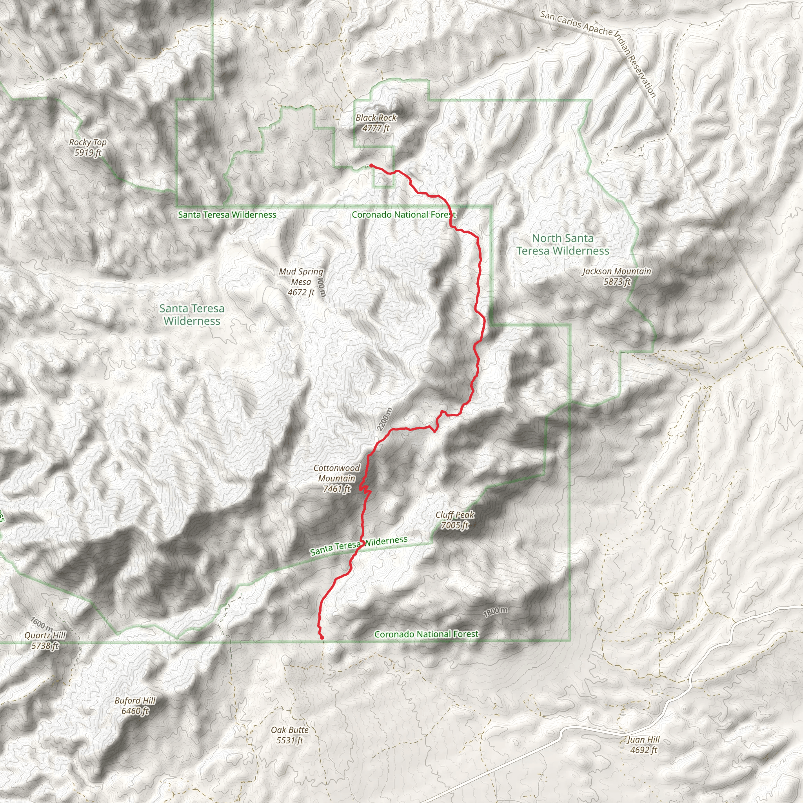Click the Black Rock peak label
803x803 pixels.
click(x=376, y=123)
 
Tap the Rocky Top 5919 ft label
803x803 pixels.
click(x=88, y=147)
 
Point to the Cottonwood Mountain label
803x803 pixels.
click(x=337, y=478)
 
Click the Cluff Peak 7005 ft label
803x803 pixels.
click(x=455, y=520)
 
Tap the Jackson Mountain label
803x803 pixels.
click(x=617, y=276)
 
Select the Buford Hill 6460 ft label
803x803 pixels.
click(x=135, y=706)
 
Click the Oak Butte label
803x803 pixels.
click(x=290, y=735)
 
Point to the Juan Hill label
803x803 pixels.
click(x=643, y=745)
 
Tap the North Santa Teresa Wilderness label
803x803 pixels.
click(x=563, y=244)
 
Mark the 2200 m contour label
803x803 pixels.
click(x=385, y=420)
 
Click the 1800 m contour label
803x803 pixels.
click(x=496, y=612)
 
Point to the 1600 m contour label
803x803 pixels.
click(x=42, y=623)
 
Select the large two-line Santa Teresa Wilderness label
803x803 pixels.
click(x=192, y=314)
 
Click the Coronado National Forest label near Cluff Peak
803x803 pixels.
click(x=427, y=634)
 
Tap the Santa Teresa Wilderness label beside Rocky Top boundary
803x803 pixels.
click(x=227, y=215)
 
